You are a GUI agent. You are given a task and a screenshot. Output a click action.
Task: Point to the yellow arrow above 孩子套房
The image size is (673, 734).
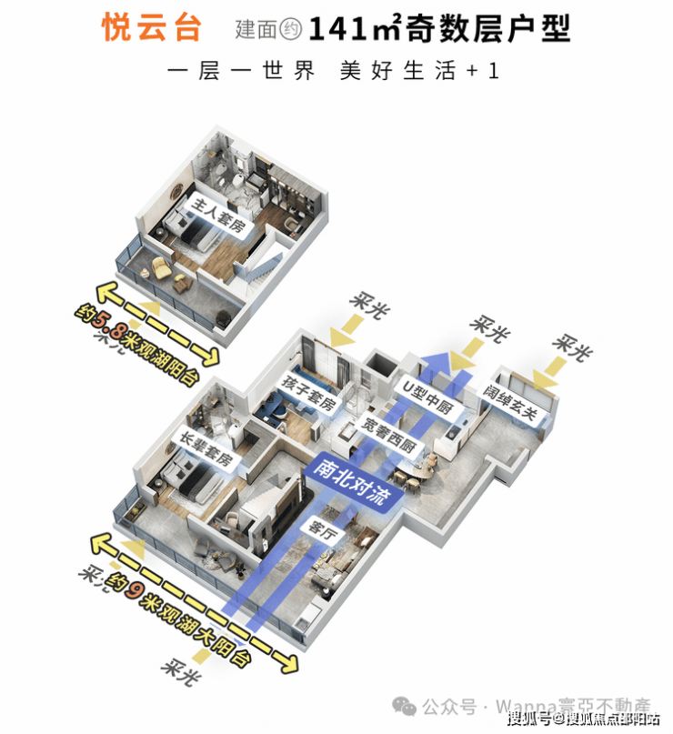click(346, 333)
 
